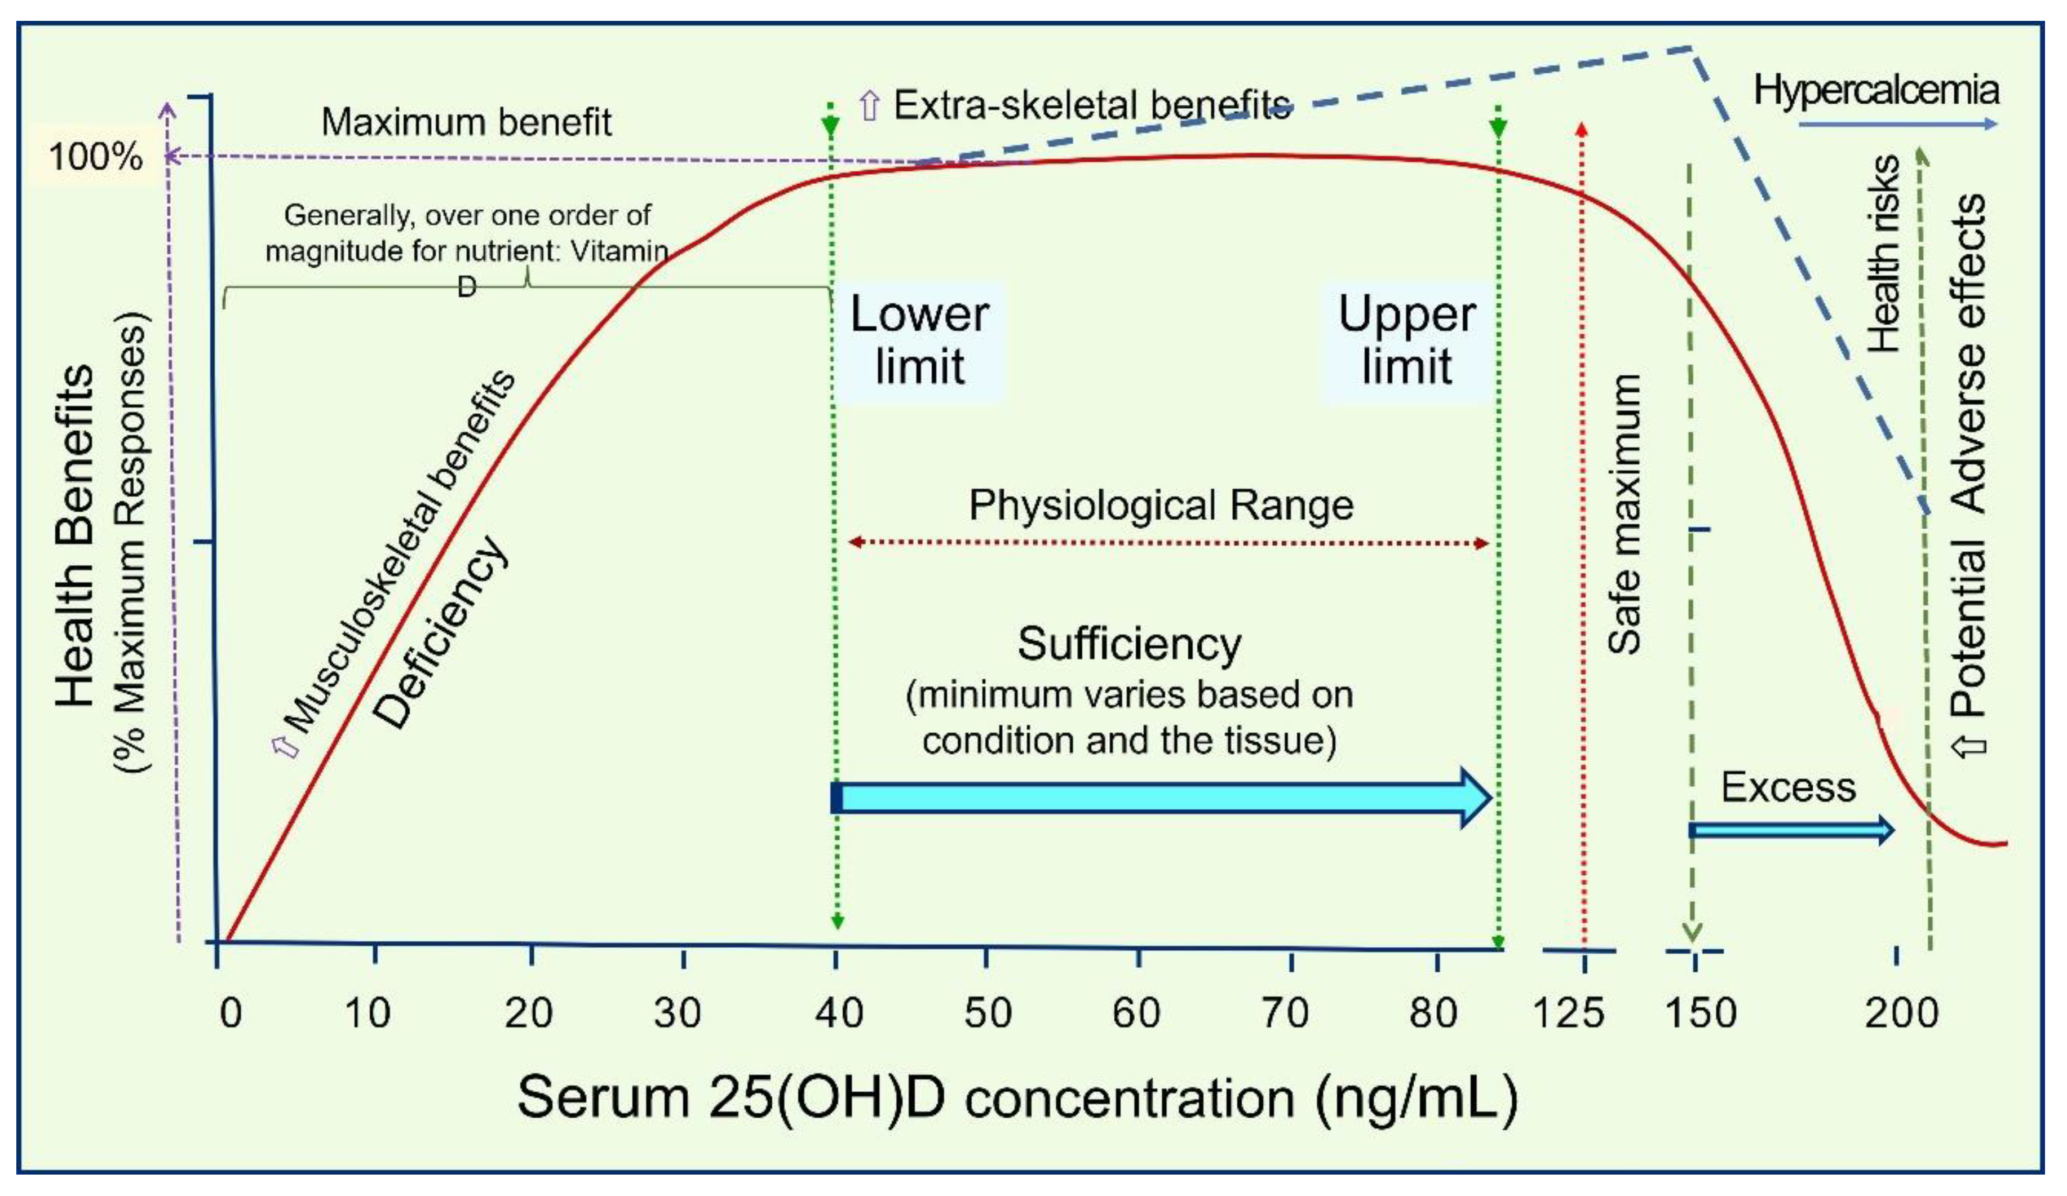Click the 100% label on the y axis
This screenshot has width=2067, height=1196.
coord(95,157)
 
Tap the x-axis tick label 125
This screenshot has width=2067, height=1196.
coord(1568,1013)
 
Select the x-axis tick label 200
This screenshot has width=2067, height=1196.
coord(1901,1013)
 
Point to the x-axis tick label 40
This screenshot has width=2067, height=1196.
coord(838,1013)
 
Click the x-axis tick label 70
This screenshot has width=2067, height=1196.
coord(1285,1013)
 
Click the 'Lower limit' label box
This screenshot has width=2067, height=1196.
coord(919,340)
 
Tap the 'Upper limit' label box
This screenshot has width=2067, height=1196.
coord(1407,340)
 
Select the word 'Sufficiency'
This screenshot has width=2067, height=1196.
coord(1130,644)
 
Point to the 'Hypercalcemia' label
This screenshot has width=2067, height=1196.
coord(1876,90)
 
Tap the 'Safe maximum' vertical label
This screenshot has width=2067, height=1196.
coord(1624,515)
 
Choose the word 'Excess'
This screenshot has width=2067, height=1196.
coord(1788,787)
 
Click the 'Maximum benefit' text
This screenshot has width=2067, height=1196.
coord(466,122)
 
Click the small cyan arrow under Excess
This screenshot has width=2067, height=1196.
coord(1791,831)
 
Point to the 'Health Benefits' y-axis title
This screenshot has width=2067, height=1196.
coord(76,535)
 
